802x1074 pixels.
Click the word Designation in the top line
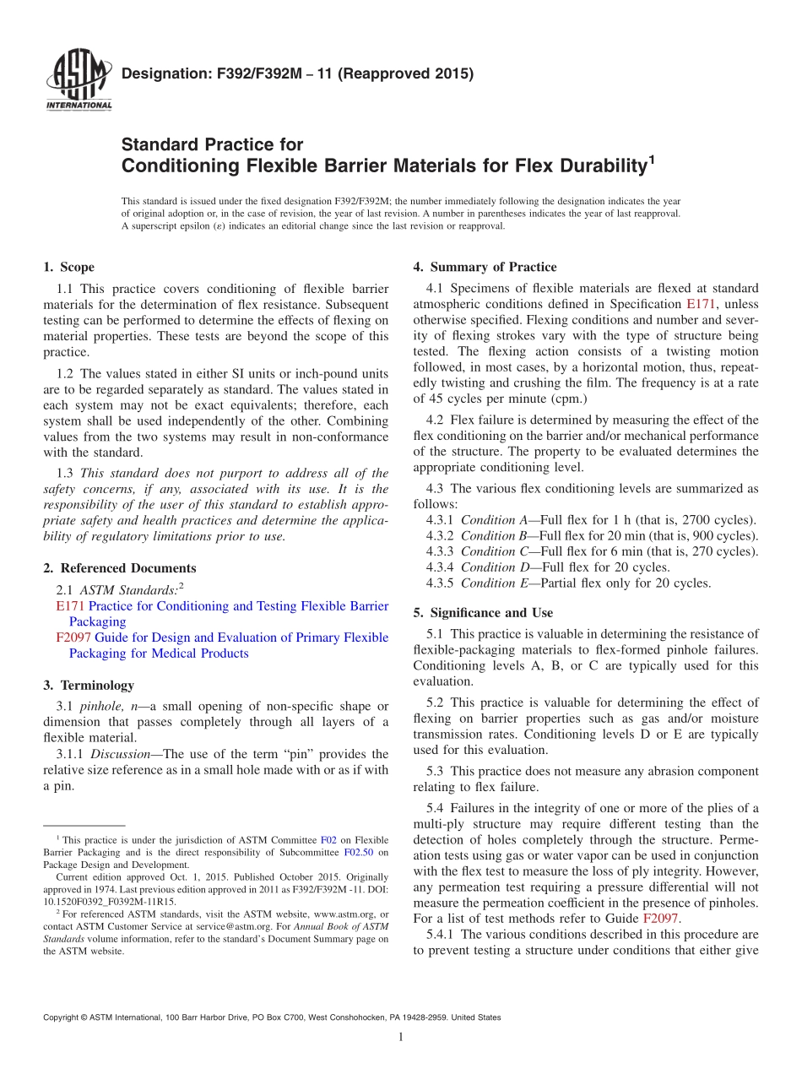tap(163, 73)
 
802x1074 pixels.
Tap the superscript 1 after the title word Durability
tap(651, 158)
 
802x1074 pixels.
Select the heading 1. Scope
tap(68, 268)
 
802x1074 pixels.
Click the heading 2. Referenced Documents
tap(119, 568)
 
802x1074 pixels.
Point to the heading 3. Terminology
tap(88, 686)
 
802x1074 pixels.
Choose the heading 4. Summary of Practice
tap(485, 268)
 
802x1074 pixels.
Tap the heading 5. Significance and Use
tap(483, 613)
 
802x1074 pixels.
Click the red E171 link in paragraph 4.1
tap(702, 304)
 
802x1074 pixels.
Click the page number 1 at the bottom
tap(401, 1038)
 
